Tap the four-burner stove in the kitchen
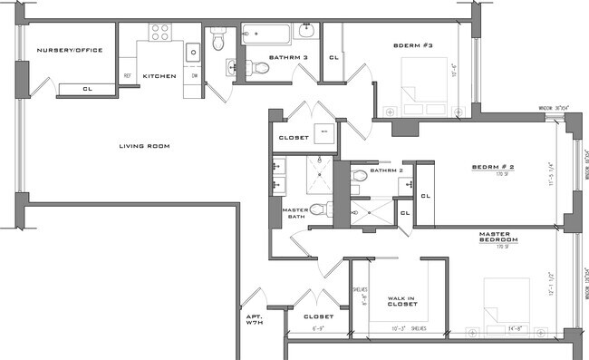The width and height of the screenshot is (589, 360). [x=160, y=33]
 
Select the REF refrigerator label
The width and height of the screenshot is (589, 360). [x=127, y=75]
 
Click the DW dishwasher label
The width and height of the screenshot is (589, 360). [x=194, y=75]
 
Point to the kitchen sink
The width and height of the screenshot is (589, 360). [x=193, y=53]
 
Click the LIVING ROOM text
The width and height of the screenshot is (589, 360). [x=145, y=145]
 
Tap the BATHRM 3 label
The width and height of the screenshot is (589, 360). [x=287, y=56]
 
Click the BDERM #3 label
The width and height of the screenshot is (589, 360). [x=413, y=44]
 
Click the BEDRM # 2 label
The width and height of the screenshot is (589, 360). [x=493, y=167]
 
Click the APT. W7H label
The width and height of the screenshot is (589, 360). [x=253, y=320]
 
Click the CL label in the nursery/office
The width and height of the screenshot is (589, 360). [x=87, y=89]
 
